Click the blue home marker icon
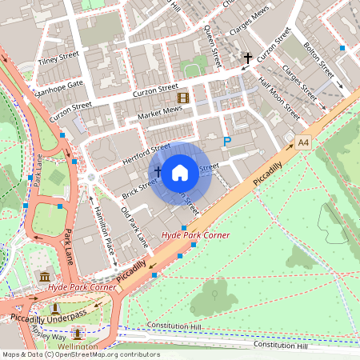click(x=180, y=171)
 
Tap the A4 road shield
click(x=302, y=142)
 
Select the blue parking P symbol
click(x=226, y=142)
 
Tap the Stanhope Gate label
click(x=57, y=83)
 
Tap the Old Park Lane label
click(x=134, y=227)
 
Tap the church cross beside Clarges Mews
click(x=249, y=58)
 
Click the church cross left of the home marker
click(x=158, y=171)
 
